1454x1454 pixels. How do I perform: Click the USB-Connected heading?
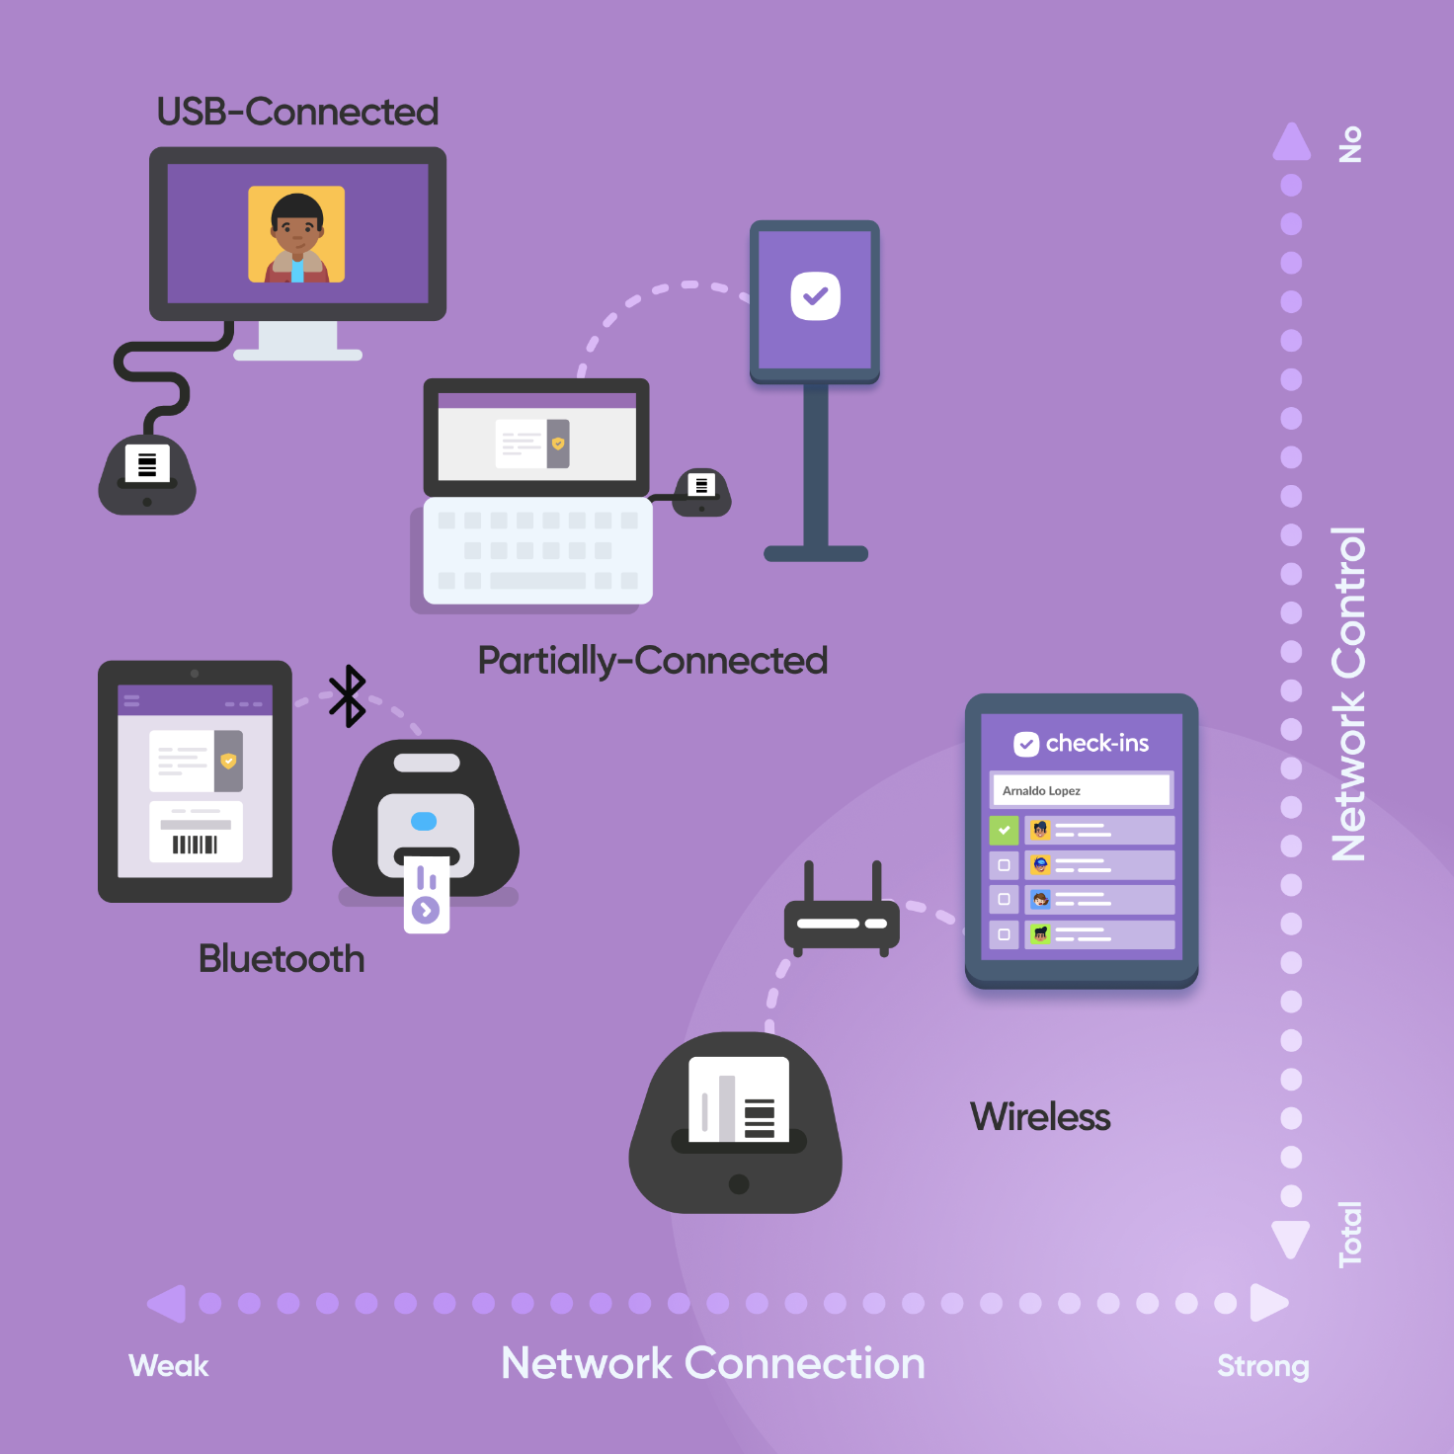click(x=297, y=112)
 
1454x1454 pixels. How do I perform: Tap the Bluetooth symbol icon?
click(x=347, y=696)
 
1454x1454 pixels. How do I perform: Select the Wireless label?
click(x=1040, y=1117)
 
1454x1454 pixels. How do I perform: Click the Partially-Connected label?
click(x=652, y=661)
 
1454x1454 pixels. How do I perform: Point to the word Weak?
click(x=168, y=1366)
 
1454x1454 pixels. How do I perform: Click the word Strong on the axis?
click(x=1262, y=1366)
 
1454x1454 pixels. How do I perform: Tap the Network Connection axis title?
click(x=713, y=1364)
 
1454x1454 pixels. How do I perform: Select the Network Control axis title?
click(x=1348, y=693)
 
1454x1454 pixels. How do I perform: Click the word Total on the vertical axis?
click(x=1349, y=1234)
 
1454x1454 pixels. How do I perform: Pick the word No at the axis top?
click(x=1349, y=144)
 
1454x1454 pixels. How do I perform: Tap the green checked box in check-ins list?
click(x=1004, y=830)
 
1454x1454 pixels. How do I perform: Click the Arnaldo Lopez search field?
click(x=1081, y=790)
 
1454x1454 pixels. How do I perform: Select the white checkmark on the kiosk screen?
click(x=815, y=295)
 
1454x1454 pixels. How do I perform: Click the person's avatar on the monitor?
click(x=296, y=235)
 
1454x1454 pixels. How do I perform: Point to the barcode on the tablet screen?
click(x=195, y=845)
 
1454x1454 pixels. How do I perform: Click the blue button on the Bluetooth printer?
click(x=424, y=821)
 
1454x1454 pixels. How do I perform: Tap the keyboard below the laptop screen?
click(x=537, y=550)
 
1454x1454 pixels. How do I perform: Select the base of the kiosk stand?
click(x=816, y=553)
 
